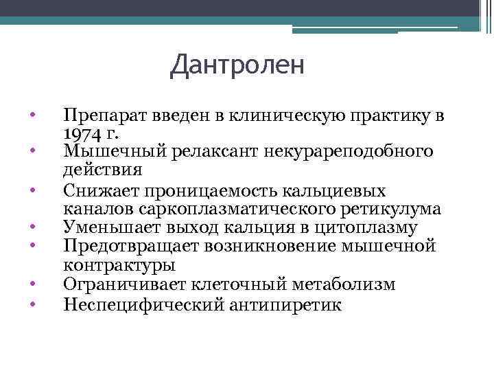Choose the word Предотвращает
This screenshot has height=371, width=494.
click(118, 245)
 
